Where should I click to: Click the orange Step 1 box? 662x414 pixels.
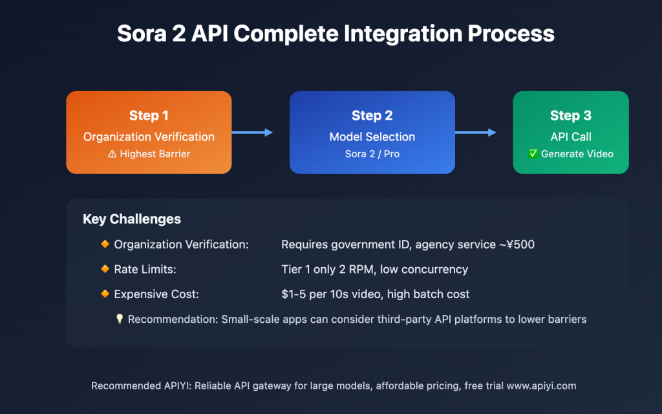click(x=149, y=132)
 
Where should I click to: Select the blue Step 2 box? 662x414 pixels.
click(x=372, y=132)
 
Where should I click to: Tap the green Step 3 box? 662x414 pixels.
click(x=570, y=132)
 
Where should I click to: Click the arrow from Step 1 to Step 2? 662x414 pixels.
click(x=252, y=133)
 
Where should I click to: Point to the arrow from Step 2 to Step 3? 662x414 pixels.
click(x=476, y=133)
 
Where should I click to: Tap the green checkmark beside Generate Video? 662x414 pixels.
click(x=533, y=154)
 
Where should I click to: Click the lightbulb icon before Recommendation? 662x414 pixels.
click(x=119, y=319)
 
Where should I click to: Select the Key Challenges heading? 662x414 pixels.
click(x=131, y=219)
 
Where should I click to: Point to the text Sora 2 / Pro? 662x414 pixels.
click(x=372, y=155)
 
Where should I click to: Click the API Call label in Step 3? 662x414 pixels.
click(x=571, y=137)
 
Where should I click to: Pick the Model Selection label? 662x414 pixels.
click(x=372, y=137)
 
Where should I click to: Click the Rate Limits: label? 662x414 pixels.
click(x=145, y=269)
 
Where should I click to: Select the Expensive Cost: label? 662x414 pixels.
click(x=156, y=294)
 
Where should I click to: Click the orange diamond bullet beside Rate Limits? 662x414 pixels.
click(x=105, y=269)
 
